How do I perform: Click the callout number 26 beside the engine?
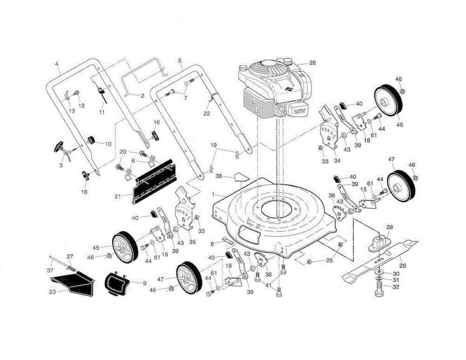[312, 63]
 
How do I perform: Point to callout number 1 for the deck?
[213, 194]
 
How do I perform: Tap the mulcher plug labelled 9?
[116, 284]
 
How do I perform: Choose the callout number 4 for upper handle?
[57, 64]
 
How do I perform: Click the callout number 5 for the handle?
[180, 61]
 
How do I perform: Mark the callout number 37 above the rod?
[50, 270]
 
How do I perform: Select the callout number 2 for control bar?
[142, 95]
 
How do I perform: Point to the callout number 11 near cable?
[102, 112]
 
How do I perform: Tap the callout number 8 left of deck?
[212, 244]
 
